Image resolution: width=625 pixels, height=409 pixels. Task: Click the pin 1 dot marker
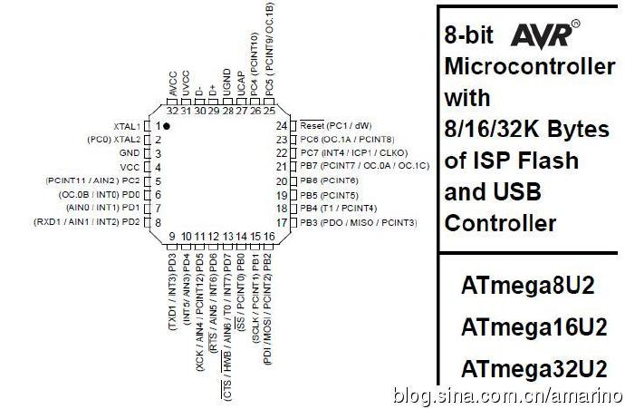coord(167,125)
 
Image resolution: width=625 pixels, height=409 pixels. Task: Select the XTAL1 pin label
coord(128,125)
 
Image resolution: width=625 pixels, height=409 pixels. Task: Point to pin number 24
coord(282,125)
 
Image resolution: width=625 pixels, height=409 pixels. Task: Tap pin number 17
coord(282,222)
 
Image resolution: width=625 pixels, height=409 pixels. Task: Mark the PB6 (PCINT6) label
coord(331,180)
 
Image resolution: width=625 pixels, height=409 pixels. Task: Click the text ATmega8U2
coord(527,286)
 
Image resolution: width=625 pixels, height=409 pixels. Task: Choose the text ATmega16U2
coord(533,327)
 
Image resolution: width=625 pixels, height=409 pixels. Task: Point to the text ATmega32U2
coord(533,369)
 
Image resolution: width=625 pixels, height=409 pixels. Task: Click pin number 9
coord(171,238)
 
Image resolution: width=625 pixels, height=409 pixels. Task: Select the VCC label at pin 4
coord(130,167)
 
